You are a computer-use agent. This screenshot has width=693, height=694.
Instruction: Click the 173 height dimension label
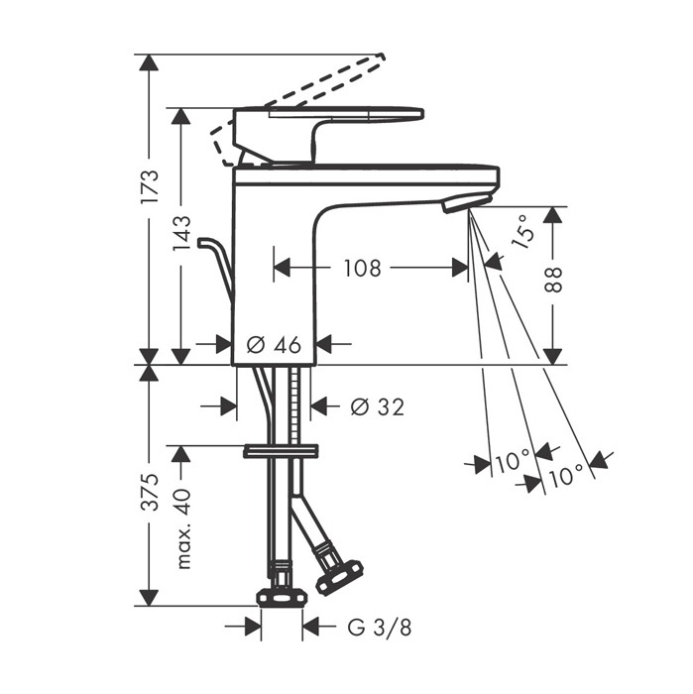(150, 186)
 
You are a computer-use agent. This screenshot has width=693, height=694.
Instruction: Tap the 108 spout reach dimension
(363, 269)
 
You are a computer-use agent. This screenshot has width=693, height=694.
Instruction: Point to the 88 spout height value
(553, 280)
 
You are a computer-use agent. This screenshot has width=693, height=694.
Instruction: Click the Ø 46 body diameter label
(274, 345)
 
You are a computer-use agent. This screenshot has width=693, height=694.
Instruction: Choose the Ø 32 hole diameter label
(378, 406)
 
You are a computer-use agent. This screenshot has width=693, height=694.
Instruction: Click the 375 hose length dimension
(150, 492)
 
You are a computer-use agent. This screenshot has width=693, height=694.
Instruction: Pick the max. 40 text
(181, 528)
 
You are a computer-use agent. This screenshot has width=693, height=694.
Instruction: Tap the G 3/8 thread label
(380, 627)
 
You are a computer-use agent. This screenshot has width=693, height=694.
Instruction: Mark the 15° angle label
(522, 231)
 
